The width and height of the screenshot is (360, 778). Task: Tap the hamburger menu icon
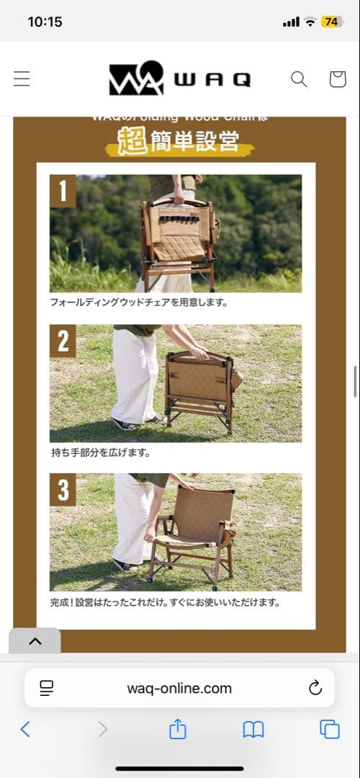click(22, 79)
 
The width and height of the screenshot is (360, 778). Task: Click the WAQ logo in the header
click(179, 79)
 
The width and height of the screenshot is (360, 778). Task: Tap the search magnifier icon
click(299, 79)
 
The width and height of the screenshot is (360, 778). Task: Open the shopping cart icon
click(337, 79)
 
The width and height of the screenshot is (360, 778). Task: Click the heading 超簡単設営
click(179, 141)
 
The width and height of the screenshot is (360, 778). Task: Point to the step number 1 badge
click(63, 191)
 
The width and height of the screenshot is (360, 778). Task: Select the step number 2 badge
click(63, 341)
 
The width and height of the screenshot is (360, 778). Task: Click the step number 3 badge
click(63, 490)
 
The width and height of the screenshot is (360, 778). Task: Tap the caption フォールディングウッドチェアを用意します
click(139, 303)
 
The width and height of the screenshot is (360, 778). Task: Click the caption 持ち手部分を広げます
click(101, 453)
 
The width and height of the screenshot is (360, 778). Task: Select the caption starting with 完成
click(165, 602)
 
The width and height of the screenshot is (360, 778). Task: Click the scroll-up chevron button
click(35, 641)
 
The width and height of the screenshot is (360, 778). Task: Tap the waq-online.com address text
click(179, 688)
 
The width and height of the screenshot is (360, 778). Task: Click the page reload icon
click(315, 688)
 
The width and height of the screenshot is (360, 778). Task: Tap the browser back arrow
click(25, 730)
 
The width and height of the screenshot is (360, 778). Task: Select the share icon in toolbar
click(177, 730)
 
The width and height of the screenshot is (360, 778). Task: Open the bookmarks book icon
click(253, 730)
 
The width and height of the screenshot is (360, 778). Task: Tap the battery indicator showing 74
click(332, 22)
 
